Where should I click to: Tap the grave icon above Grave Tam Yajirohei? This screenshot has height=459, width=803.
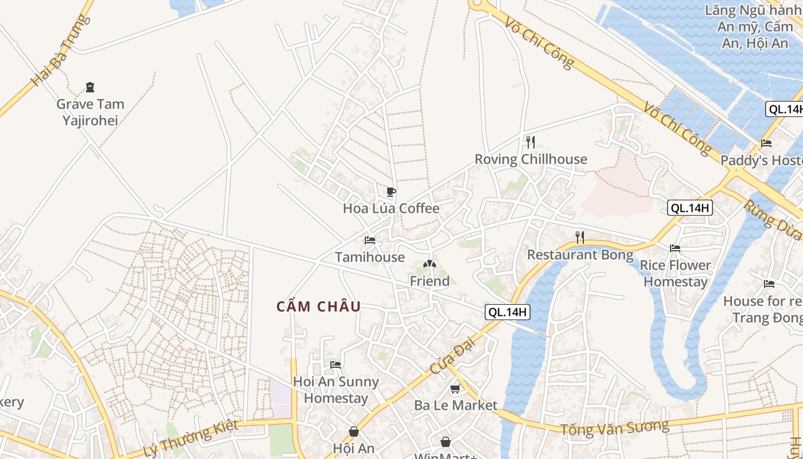point(89,88)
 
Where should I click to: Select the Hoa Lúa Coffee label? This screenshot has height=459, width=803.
point(391,208)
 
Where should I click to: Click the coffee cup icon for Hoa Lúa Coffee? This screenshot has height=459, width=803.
point(391,192)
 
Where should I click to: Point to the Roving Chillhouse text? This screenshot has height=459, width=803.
point(531,159)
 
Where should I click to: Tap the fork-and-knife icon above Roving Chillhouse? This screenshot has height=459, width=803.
point(531,142)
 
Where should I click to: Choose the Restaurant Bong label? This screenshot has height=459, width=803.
point(580,255)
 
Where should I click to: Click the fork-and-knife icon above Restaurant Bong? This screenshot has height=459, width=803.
point(580,238)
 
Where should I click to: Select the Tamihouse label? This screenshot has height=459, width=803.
point(370,257)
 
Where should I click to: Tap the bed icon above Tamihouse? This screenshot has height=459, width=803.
point(370,240)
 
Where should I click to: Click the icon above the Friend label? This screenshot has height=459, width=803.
point(429,264)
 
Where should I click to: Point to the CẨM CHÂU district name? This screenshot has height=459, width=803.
point(319,306)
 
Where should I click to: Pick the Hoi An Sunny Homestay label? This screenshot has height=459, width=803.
point(336,390)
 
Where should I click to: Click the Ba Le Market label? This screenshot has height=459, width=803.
point(456,405)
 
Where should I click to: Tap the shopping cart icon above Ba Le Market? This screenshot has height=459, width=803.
point(455,389)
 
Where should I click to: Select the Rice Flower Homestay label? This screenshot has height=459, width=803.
point(675,273)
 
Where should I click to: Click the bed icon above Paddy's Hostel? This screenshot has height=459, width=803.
point(766,143)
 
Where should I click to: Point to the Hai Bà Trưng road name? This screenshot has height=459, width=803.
point(60,50)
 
